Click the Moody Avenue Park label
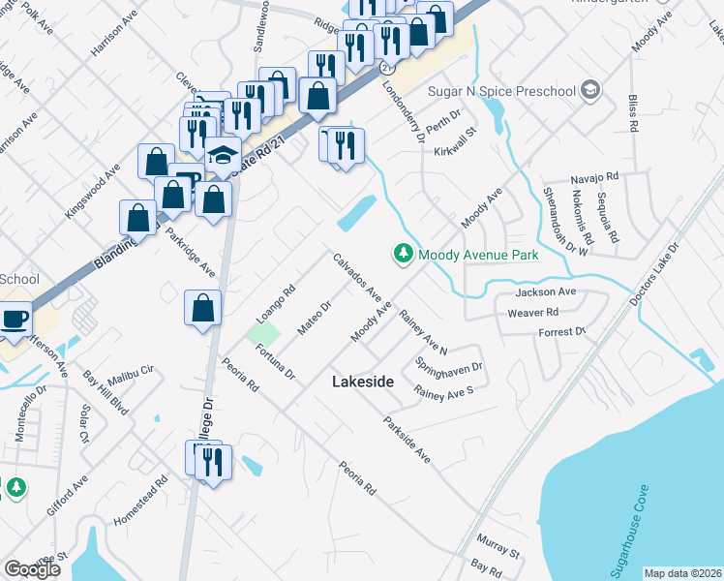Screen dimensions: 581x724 click(477, 256)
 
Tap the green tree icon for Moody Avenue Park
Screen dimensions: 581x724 click(403, 254)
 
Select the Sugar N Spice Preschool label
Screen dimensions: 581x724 click(502, 91)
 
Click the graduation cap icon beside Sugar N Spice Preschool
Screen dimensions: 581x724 click(590, 91)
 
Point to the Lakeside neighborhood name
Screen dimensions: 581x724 click(363, 382)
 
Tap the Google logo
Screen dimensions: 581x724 click(32, 569)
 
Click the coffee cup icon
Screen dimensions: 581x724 click(15, 320)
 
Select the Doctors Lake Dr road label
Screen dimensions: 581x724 click(655, 271)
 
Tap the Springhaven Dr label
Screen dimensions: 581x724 click(449, 369)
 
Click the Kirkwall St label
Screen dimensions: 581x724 click(456, 141)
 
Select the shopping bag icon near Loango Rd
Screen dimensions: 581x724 click(203, 309)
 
